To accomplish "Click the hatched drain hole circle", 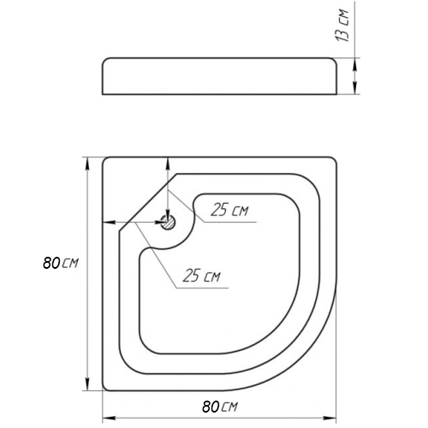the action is pos(169,222).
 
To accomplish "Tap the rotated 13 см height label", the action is pos(342,26).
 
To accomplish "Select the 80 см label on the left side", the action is pos(60,263).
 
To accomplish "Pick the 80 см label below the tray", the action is pos(220,407).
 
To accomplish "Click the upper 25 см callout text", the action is pos(229,211).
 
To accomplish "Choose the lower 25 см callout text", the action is pos(202,276).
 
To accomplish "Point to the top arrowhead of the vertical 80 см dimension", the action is pos(87,164).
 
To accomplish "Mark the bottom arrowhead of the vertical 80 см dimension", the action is pos(87,383).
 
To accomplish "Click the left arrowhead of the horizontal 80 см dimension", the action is pos(110,419).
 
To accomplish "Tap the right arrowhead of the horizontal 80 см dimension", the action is pos(330,419).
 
